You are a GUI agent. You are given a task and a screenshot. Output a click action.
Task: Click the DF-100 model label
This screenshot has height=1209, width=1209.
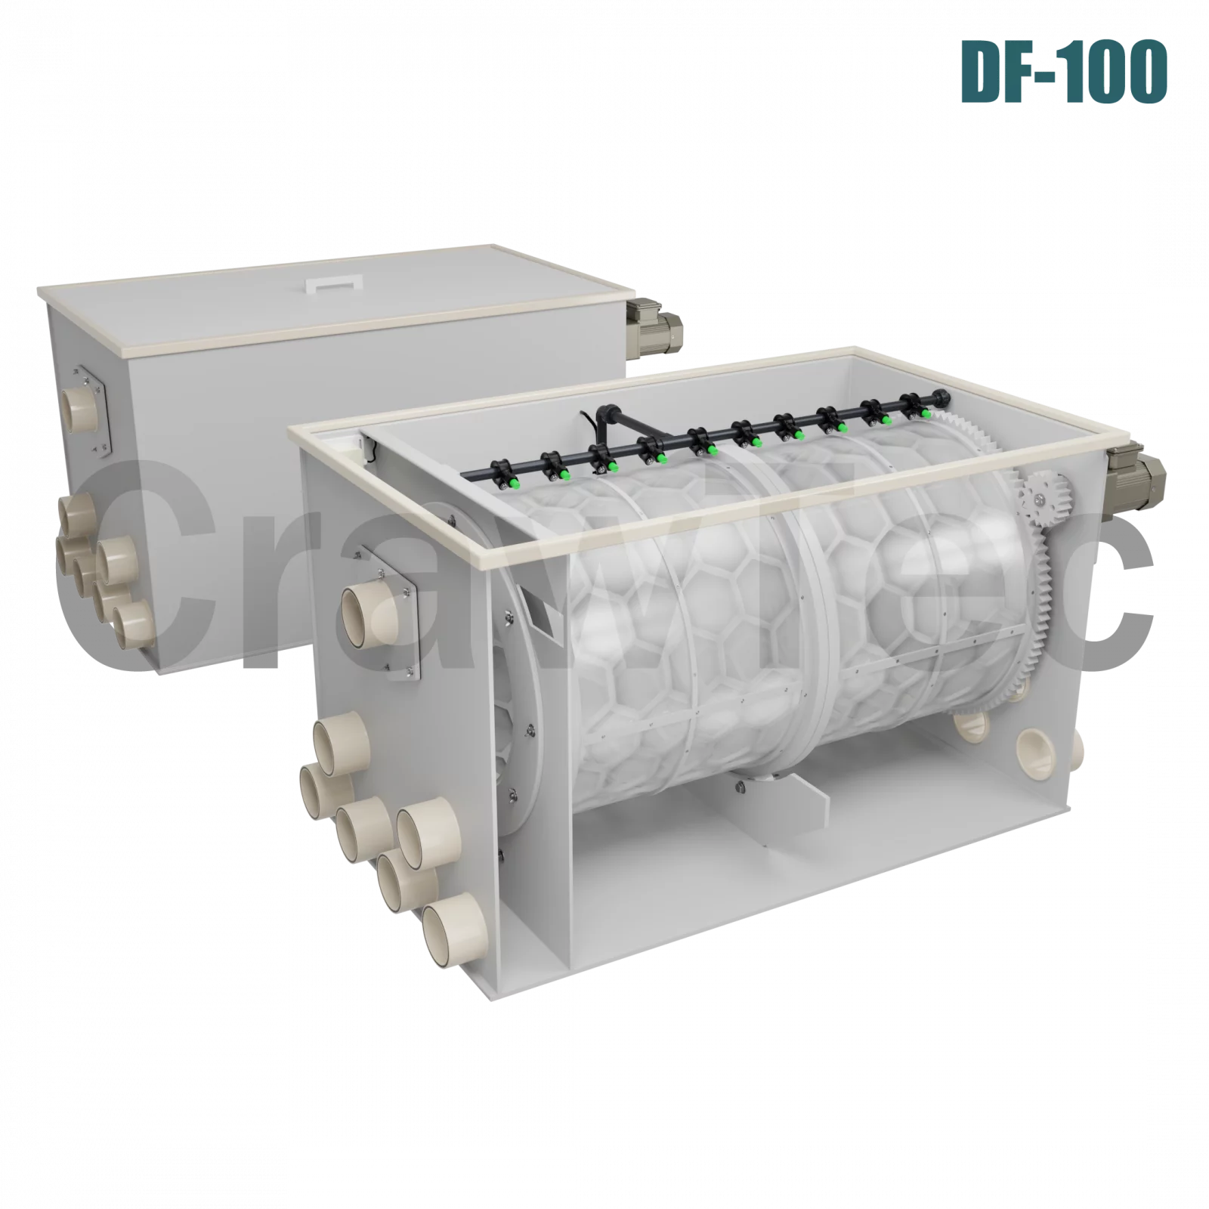pyautogui.click(x=1064, y=72)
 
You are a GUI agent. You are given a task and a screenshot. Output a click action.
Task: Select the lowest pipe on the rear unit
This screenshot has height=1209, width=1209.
pyautogui.click(x=134, y=626)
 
